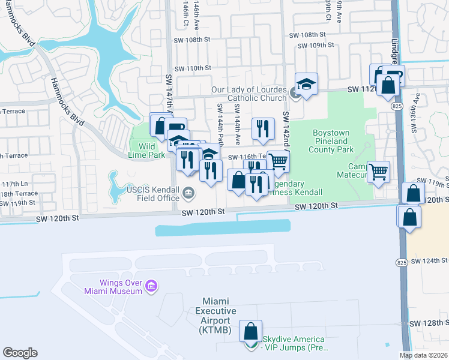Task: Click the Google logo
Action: (19, 353)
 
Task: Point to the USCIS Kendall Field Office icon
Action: (188, 193)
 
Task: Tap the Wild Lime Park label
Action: (146, 150)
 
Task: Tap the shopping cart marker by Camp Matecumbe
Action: (379, 172)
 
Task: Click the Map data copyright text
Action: (424, 355)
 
